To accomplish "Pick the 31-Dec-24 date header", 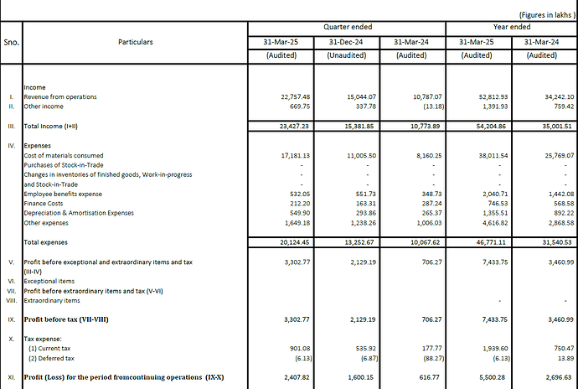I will pos(345,41).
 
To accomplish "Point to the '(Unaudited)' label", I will pos(345,55).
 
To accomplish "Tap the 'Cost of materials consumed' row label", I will pos(64,155).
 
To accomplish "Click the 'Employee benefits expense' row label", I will pos(65,193).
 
